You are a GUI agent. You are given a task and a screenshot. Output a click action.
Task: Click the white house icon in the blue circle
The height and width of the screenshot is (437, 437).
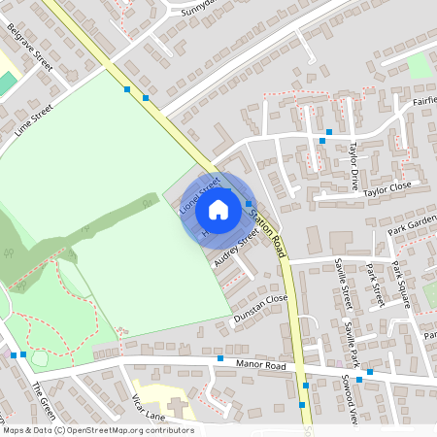(x=218, y=210)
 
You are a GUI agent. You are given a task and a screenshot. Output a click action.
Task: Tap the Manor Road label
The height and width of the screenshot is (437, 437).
(x=261, y=366)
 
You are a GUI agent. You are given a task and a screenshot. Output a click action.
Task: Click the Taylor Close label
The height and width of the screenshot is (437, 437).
(x=387, y=188)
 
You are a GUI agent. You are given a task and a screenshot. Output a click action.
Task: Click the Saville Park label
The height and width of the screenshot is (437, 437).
(x=351, y=339)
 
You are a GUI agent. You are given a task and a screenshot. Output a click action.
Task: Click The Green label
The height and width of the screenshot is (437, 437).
(x=42, y=395)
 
